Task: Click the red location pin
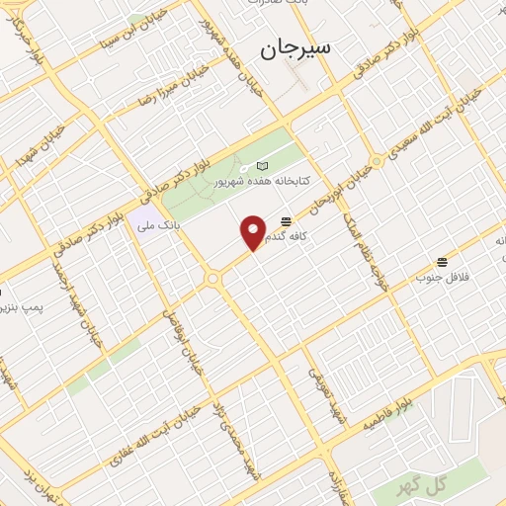(254, 232)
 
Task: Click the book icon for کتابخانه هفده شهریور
(261, 166)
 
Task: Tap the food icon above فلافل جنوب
(442, 262)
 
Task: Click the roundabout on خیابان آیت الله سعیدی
(377, 161)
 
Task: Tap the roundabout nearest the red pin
(212, 280)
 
